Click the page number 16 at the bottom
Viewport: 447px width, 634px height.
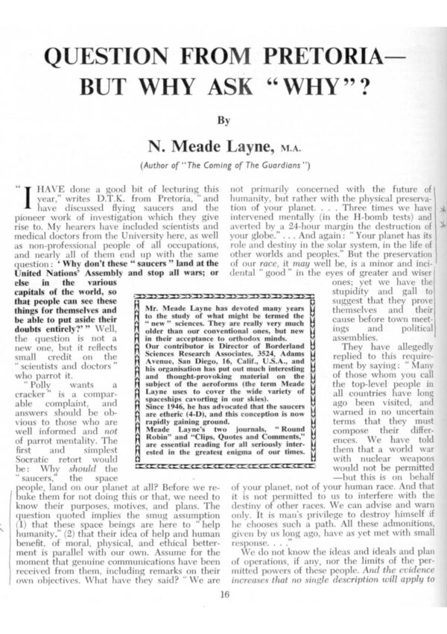tap(224, 594)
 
